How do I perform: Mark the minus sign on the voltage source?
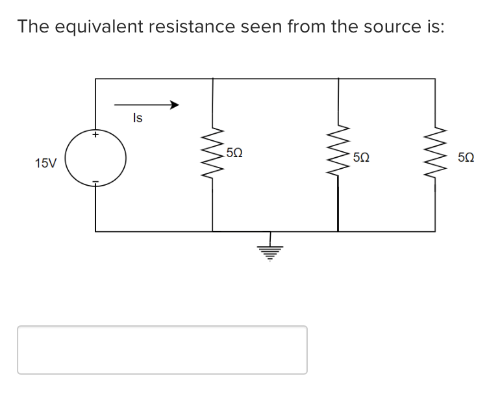(x=95, y=182)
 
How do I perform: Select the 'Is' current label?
(x=138, y=118)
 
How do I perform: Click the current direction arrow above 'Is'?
(x=146, y=105)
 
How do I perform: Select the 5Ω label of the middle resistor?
(x=362, y=157)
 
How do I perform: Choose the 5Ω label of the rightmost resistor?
(x=466, y=157)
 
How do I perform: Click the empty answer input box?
(x=162, y=350)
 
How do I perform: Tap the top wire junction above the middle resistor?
(x=338, y=79)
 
